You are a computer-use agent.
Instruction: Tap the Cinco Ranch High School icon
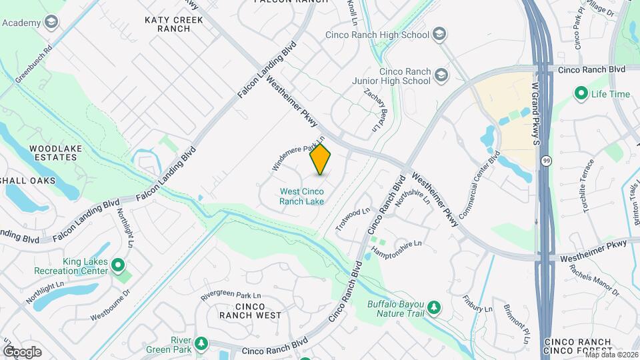pyautogui.click(x=439, y=34)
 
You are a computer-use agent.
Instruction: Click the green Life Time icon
pyautogui.click(x=581, y=94)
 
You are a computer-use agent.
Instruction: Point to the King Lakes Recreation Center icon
pyautogui.click(x=119, y=266)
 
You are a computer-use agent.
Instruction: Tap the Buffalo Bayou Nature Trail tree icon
pyautogui.click(x=434, y=307)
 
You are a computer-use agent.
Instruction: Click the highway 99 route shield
pyautogui.click(x=547, y=161)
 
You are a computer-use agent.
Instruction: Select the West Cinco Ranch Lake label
pyautogui.click(x=301, y=196)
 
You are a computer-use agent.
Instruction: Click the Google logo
pyautogui.click(x=22, y=351)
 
